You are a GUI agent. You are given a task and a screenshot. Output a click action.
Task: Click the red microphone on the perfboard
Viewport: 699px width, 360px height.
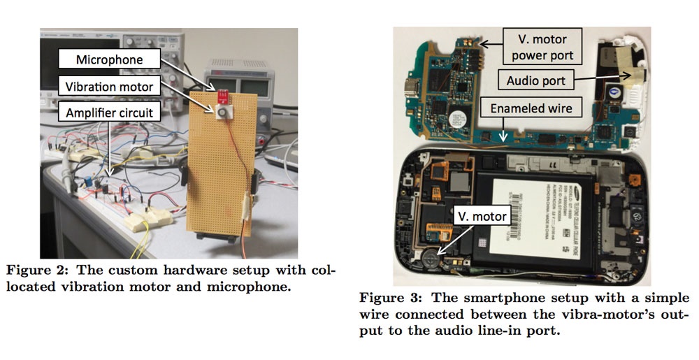point(222,95)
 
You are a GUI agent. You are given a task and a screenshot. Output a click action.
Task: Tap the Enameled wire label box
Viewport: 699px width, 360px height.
point(531,109)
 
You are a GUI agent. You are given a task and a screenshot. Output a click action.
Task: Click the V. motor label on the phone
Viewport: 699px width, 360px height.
point(482,216)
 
